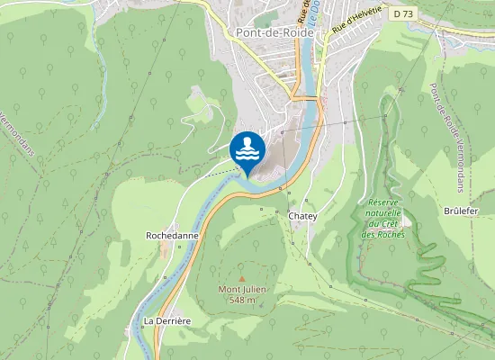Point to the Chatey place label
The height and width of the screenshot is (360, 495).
pyautogui.click(x=302, y=217)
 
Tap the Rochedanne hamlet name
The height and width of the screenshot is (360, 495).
pyautogui.click(x=171, y=235)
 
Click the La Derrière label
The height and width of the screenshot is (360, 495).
pyautogui.click(x=166, y=320)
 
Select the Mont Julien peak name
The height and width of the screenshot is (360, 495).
pyautogui.click(x=241, y=289)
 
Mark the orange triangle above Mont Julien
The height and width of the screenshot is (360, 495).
pyautogui.click(x=241, y=278)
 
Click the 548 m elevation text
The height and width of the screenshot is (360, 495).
pyautogui.click(x=241, y=300)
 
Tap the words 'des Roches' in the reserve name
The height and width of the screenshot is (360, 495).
pyautogui.click(x=383, y=235)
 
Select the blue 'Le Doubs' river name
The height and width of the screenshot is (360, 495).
pyautogui.click(x=309, y=22)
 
